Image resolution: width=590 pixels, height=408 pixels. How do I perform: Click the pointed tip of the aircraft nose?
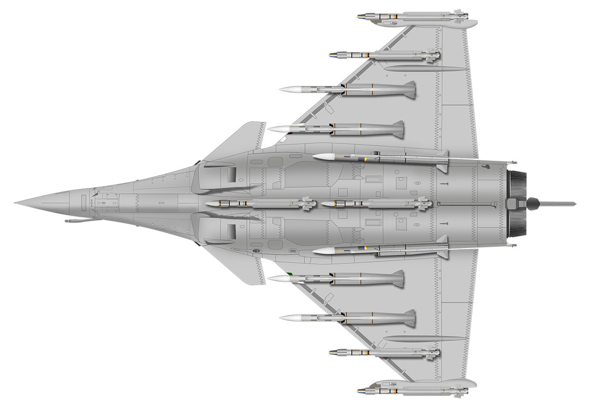click(16, 203)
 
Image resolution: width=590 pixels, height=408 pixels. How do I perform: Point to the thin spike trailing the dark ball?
click(558, 203)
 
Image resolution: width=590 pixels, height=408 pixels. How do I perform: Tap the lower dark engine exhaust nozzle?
click(517, 223)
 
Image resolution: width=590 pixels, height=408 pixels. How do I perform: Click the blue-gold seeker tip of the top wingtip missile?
click(360, 17)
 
